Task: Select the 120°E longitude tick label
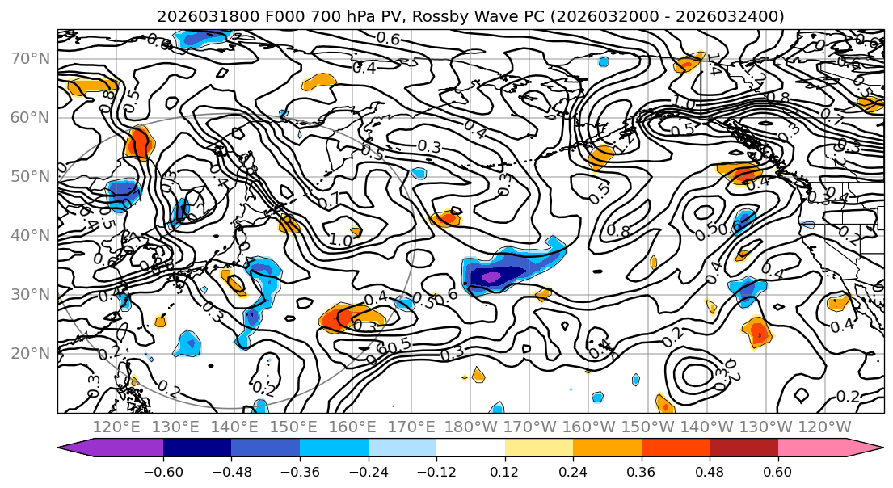(118, 427)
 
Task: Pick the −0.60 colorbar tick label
(162, 472)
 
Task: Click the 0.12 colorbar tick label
(504, 472)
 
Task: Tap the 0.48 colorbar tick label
(709, 472)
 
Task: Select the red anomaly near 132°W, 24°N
(758, 331)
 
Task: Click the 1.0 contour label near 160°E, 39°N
(340, 240)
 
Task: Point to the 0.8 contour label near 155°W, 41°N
(618, 231)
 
